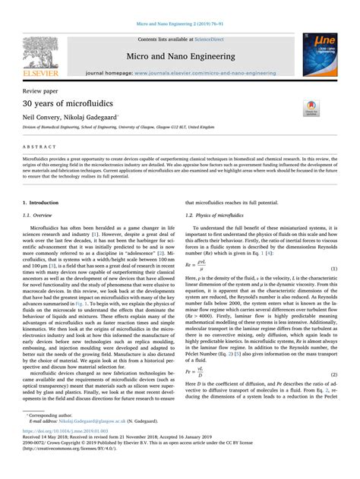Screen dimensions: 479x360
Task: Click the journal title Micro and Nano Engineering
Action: pyautogui.click(x=179, y=55)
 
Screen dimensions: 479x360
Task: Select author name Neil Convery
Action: pyautogui.click(x=42, y=119)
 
